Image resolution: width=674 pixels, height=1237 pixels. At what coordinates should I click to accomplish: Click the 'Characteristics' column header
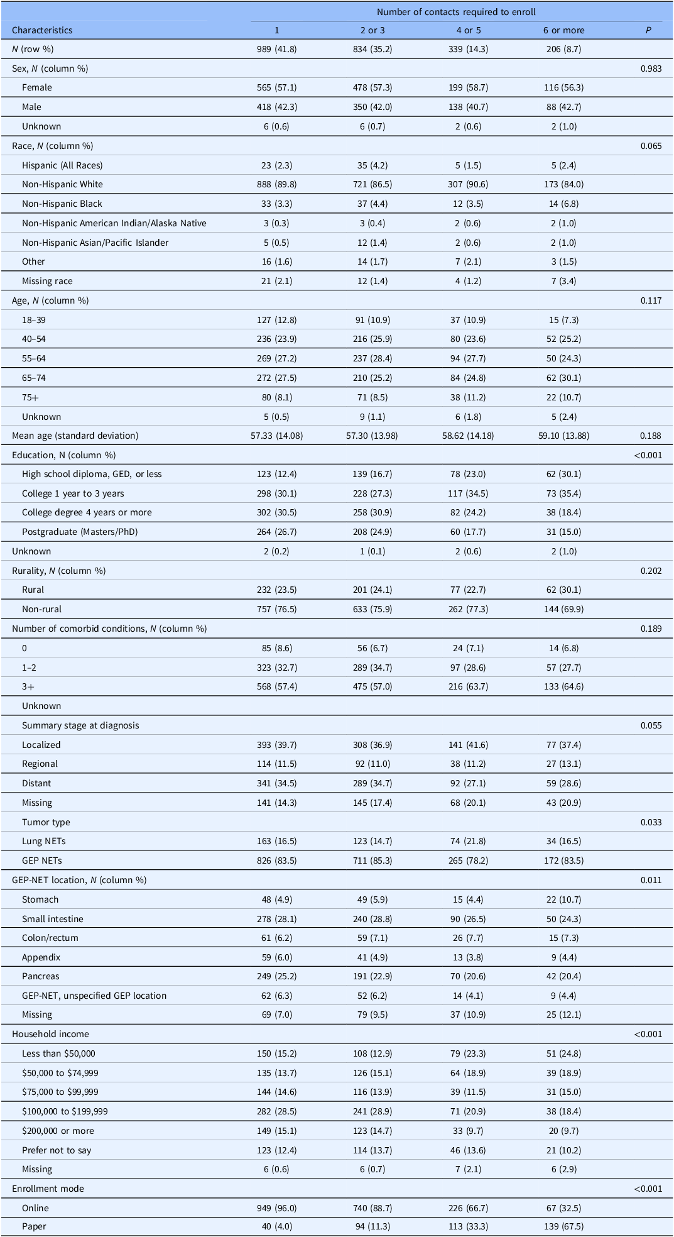coord(42,30)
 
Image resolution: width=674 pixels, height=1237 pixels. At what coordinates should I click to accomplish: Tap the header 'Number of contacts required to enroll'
coord(456,12)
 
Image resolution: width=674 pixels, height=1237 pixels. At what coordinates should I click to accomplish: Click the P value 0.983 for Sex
coord(651,69)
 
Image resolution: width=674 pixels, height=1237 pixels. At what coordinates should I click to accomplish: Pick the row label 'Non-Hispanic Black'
coord(62,204)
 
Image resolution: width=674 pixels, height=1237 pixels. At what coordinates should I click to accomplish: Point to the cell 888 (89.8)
coord(276,184)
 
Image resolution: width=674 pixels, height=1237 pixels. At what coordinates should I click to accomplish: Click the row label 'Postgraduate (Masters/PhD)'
coord(80,532)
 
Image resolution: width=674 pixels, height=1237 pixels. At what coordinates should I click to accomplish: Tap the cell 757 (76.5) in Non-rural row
coord(276,609)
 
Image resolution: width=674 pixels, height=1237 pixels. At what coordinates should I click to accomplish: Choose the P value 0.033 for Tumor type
coord(651,822)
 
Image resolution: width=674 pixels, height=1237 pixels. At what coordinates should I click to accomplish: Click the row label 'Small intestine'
coord(53,919)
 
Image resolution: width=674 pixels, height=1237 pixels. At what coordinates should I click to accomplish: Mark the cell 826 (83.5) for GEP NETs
coord(276,860)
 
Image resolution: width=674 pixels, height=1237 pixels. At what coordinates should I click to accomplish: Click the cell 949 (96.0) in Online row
coord(276,1208)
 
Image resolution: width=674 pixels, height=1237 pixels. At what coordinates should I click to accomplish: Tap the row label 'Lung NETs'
coord(44,841)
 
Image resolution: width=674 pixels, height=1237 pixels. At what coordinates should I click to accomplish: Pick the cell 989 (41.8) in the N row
coord(276,49)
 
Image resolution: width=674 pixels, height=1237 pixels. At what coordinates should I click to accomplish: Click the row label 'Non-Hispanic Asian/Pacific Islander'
coord(95,243)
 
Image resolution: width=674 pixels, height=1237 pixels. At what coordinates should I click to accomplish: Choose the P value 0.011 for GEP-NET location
coord(651,880)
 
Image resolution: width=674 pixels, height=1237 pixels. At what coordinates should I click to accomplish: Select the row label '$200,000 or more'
coord(58,1131)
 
